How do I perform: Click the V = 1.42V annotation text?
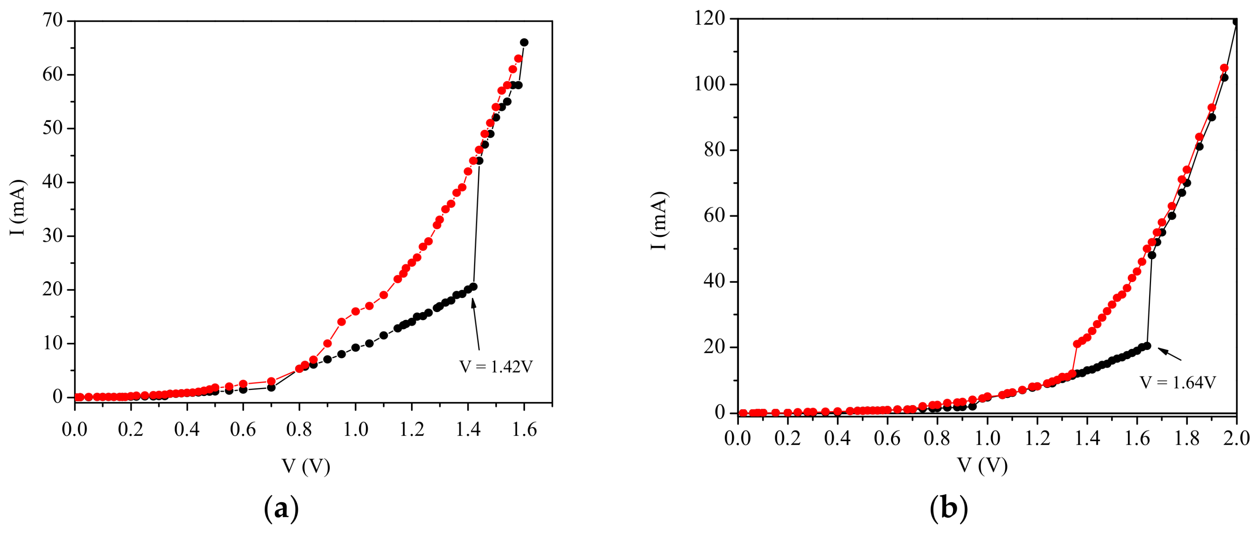496,367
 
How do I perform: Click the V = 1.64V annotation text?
1177,383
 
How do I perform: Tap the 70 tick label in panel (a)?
53,20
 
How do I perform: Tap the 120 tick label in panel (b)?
710,18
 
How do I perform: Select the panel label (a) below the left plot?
281,509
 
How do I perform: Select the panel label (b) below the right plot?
949,509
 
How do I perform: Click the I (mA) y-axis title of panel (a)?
18,208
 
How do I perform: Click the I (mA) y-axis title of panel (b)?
659,221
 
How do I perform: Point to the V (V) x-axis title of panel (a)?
306,466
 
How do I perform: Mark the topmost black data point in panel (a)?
524,42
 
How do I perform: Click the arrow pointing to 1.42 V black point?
476,324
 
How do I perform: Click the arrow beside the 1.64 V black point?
1170,354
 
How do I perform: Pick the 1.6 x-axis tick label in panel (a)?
524,430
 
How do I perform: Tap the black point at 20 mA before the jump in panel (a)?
473,287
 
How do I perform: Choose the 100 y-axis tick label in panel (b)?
710,84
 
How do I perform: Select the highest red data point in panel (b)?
1224,68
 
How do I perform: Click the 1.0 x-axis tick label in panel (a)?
355,430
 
